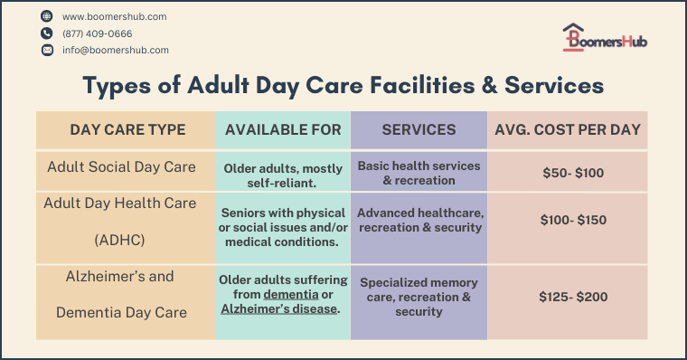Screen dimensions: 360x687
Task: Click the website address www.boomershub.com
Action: [114, 16]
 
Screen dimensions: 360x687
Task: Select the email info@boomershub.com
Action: [115, 51]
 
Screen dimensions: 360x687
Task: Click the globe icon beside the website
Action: [47, 16]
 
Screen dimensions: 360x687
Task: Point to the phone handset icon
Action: [47, 33]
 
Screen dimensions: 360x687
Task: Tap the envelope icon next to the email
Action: [47, 51]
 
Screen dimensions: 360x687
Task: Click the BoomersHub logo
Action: [604, 39]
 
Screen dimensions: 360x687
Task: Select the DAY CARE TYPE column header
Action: [127, 130]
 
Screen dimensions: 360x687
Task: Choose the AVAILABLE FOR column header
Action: [283, 130]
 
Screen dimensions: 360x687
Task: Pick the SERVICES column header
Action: [419, 130]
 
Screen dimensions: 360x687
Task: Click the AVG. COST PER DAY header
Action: [568, 130]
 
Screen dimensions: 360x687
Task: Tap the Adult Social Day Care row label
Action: [120, 166]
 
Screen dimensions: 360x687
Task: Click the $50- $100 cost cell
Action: [568, 172]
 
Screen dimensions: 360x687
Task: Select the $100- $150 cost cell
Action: [568, 220]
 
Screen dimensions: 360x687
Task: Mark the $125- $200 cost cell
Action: [568, 297]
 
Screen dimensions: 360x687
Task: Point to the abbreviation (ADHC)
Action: [120, 241]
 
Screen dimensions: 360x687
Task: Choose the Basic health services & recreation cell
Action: [419, 173]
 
